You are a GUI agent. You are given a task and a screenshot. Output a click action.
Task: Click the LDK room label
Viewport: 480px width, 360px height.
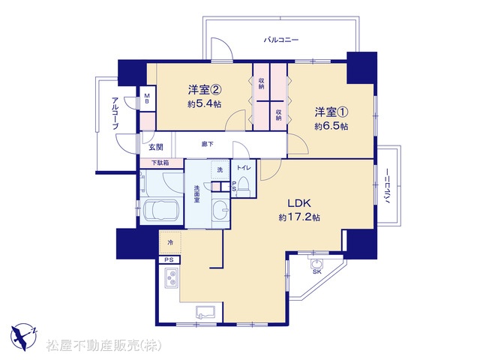click(299, 203)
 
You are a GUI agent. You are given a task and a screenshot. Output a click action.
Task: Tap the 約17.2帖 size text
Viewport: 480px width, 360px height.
click(299, 217)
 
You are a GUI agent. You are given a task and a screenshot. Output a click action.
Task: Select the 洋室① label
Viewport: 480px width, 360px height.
click(331, 112)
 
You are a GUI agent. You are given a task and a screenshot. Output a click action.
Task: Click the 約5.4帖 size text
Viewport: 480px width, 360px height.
click(205, 104)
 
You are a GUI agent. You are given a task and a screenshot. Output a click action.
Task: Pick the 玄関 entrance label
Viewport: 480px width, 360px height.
click(156, 147)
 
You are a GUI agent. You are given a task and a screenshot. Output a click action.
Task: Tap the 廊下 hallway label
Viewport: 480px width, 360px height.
click(208, 144)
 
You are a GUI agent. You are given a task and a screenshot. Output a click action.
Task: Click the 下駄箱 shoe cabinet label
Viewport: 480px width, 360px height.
click(160, 163)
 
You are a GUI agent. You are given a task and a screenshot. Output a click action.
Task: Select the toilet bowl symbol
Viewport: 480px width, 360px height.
click(244, 184)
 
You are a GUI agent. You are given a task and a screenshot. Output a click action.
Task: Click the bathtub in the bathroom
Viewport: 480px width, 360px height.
click(160, 210)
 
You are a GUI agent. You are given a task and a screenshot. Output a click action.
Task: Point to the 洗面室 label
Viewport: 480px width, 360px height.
click(196, 193)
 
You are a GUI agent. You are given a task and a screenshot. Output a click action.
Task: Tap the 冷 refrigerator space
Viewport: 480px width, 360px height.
click(170, 242)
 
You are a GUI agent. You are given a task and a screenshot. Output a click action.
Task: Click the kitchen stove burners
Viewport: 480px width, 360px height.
click(171, 278)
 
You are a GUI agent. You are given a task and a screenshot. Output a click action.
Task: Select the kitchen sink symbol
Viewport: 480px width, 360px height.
click(206, 312)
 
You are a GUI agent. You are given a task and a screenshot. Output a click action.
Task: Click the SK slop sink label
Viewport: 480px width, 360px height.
click(316, 271)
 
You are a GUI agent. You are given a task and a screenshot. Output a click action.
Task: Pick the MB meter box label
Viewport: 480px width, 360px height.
click(147, 98)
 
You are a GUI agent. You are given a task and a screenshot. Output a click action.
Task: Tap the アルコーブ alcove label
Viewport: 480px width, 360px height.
click(115, 113)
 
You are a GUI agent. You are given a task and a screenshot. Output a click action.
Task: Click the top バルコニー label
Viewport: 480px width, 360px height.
click(281, 40)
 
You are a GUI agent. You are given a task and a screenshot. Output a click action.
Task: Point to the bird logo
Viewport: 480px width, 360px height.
click(23, 337)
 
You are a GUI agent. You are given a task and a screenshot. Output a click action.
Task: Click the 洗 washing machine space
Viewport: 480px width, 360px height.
click(220, 170)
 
